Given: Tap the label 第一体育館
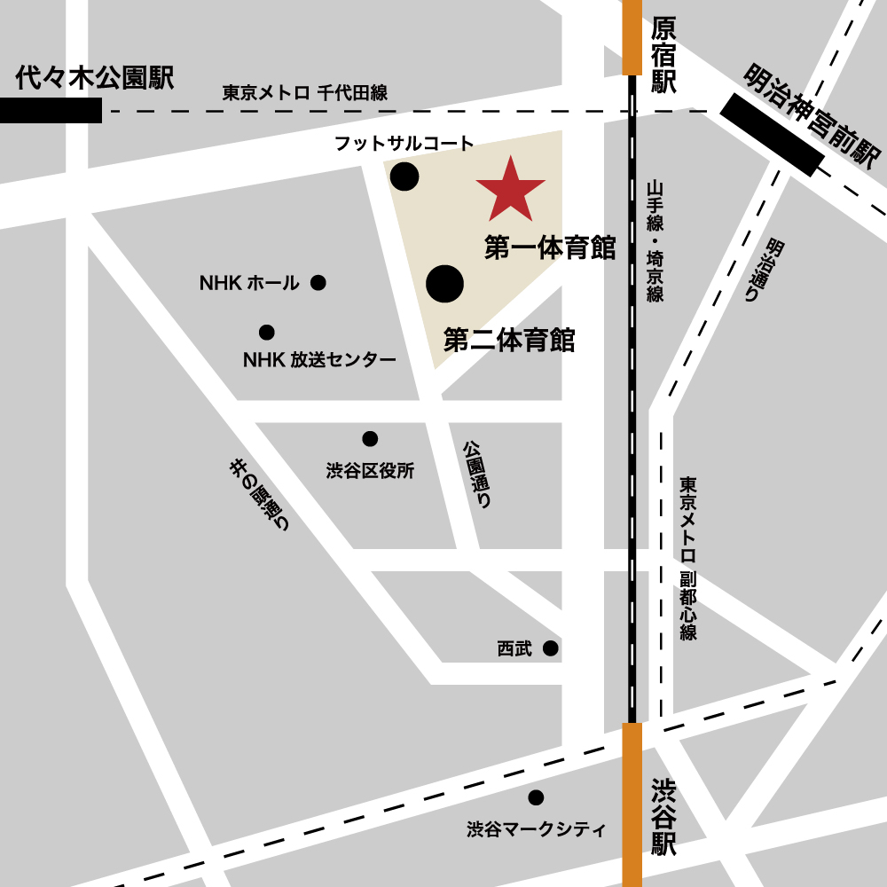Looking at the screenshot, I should (x=550, y=248).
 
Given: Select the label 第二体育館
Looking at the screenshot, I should (x=509, y=340).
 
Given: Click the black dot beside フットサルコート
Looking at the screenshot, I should (x=404, y=177).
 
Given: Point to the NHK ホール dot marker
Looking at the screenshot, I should (x=318, y=283).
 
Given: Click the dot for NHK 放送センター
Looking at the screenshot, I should (x=266, y=333).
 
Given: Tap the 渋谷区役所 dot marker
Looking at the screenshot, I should (x=370, y=439).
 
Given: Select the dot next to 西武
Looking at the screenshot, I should (x=551, y=648).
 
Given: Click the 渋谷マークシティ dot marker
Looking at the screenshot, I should (x=536, y=797).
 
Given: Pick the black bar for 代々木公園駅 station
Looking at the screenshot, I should (x=51, y=111).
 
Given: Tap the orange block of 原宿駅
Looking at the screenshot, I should (x=632, y=37).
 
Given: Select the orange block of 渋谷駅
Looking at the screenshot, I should (x=632, y=804).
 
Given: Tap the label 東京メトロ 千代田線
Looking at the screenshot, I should (x=304, y=93).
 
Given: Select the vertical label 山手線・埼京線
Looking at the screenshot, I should (x=655, y=241).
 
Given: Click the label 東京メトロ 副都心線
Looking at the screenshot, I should (x=688, y=559).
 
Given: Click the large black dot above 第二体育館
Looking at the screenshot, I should (x=445, y=283).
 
